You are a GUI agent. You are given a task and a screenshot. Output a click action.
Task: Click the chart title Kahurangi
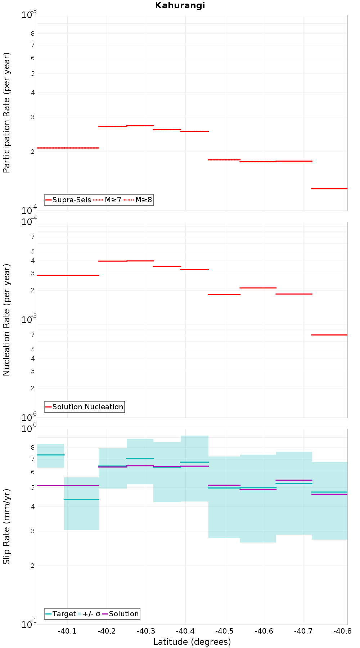tap(180, 5)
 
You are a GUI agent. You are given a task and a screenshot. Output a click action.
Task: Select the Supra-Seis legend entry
tap(68, 200)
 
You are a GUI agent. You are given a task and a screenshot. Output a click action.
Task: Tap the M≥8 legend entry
tap(138, 200)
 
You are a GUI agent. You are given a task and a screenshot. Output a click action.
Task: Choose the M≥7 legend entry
tap(108, 200)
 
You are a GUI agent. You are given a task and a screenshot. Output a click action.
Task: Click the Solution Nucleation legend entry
tap(85, 407)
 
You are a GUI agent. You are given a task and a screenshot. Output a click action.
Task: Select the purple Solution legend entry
tap(120, 614)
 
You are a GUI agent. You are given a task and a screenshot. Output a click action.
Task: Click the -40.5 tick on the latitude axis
tap(224, 631)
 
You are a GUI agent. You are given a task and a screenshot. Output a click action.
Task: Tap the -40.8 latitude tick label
tap(342, 631)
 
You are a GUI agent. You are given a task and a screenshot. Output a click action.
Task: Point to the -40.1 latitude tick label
tap(67, 631)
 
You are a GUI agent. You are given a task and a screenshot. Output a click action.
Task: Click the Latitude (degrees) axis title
tap(192, 642)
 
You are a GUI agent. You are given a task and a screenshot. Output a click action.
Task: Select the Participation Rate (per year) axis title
tap(6, 113)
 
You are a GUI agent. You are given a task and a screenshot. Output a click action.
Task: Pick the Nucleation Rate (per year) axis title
tap(6, 320)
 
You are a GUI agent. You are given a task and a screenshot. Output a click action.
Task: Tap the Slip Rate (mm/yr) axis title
tap(6, 526)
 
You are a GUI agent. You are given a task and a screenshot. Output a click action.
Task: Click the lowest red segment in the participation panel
tap(329, 189)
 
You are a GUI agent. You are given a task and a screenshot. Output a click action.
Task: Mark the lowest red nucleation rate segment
tap(329, 335)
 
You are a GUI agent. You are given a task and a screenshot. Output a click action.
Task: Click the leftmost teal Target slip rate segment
tap(50, 455)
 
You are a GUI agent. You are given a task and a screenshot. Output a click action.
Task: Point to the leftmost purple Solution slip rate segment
tap(68, 485)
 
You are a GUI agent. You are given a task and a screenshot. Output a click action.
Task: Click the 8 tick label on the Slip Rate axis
tap(33, 447)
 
